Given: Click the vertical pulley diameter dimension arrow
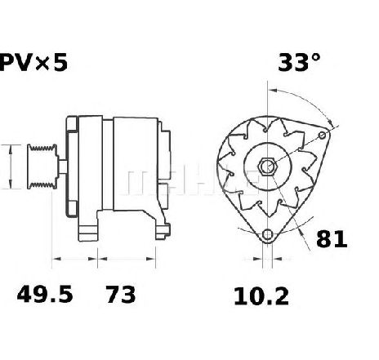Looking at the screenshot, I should (9, 166).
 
